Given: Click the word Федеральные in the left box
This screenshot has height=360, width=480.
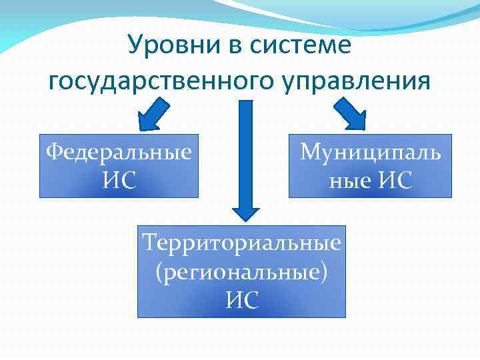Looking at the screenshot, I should (x=119, y=152).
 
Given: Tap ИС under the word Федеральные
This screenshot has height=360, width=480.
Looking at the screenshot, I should (x=119, y=179).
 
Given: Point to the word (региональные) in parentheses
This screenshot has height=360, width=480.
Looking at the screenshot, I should (x=241, y=272).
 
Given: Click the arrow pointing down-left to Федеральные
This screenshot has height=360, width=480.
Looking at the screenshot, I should (x=154, y=114).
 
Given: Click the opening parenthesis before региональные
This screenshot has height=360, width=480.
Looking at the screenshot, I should (x=159, y=273).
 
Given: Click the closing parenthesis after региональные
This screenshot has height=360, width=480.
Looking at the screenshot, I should (x=324, y=273).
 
